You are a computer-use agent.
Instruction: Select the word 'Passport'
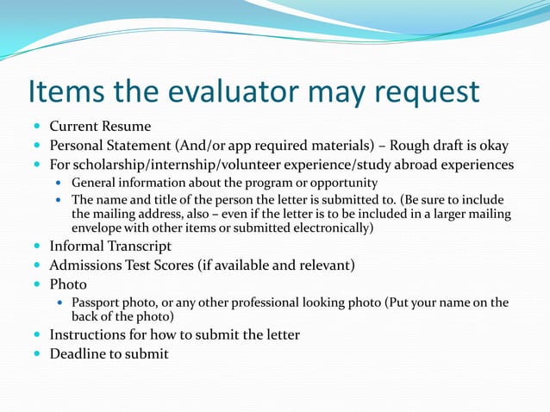pyautogui.click(x=97, y=303)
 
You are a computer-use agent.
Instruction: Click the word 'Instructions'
pyautogui.click(x=91, y=334)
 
